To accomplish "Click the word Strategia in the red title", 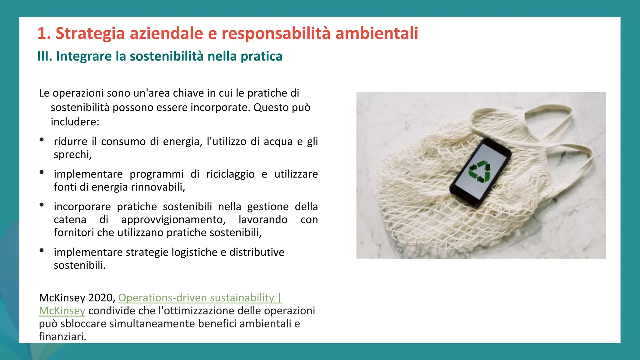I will [x=90, y=33].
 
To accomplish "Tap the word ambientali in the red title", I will [x=377, y=33].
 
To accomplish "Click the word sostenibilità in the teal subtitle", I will [x=167, y=56].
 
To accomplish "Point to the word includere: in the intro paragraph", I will [x=75, y=122].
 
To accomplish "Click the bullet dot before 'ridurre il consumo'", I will [x=42, y=140].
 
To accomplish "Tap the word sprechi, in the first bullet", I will [x=73, y=154].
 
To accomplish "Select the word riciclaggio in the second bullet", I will [x=230, y=174].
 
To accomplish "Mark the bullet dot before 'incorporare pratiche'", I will [x=42, y=205].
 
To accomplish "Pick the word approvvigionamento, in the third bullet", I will [x=173, y=219].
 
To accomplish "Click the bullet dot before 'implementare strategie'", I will [x=42, y=250].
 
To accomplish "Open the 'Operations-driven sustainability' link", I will [x=196, y=297].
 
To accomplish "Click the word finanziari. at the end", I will [x=62, y=337].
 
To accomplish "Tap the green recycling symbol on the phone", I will [x=480, y=171].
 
